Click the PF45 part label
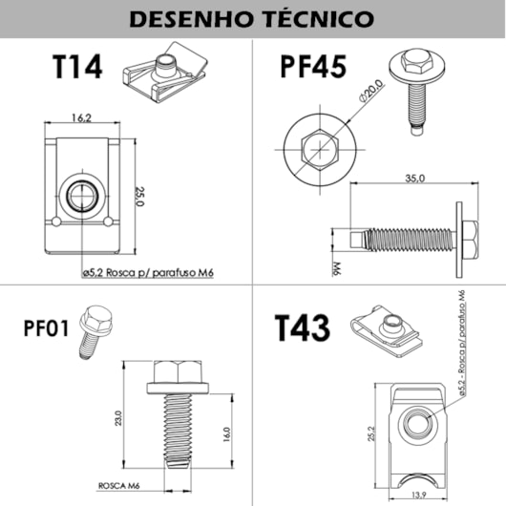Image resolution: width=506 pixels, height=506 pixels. [x=313, y=70]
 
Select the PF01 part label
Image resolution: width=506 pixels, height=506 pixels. [x=45, y=330]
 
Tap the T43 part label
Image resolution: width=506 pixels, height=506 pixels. [x=303, y=328]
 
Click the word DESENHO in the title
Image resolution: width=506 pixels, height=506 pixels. [x=189, y=18]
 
